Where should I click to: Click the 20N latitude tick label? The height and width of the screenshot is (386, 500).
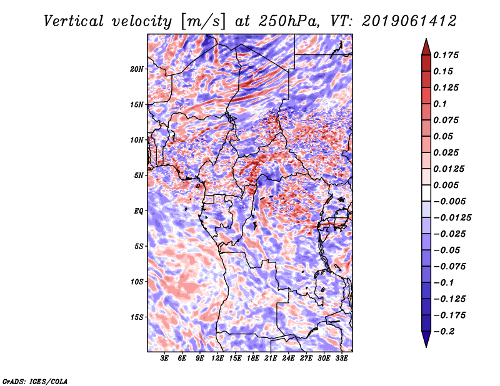click(x=137, y=69)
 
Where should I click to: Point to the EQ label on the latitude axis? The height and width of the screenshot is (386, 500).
click(x=138, y=211)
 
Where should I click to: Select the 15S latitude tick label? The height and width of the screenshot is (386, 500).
click(x=137, y=317)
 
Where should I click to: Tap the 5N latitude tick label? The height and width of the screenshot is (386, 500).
click(x=138, y=176)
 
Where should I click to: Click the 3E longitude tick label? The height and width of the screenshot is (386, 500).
click(x=165, y=359)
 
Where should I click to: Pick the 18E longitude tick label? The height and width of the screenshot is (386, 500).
click(x=253, y=359)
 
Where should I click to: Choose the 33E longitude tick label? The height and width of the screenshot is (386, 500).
click(x=341, y=359)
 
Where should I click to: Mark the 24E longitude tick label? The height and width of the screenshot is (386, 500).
click(x=288, y=359)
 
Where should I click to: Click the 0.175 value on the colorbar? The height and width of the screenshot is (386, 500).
click(x=447, y=55)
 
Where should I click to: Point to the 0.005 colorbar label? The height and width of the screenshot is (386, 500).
click(x=447, y=185)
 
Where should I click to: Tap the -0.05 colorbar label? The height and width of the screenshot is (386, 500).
click(x=447, y=250)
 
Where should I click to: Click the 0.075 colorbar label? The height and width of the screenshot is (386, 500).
click(x=447, y=120)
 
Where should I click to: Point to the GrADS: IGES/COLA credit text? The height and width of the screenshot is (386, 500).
click(x=35, y=380)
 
